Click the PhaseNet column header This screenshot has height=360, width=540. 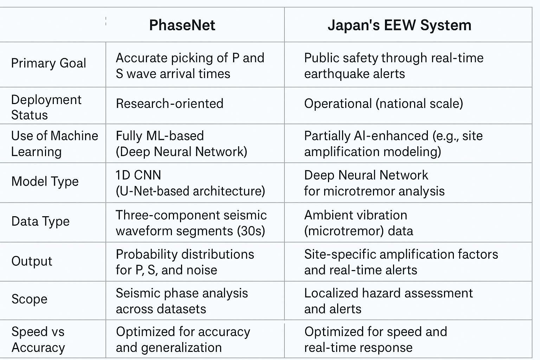pos(182,25)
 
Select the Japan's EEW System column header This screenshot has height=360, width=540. pos(399,25)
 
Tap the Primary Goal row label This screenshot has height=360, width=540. pos(49,63)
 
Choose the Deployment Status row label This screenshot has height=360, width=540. pos(46,107)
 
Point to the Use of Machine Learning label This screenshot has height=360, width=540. pos(55,144)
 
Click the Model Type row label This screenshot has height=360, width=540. pos(45,181)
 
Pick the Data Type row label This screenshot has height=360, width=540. pos(40,221)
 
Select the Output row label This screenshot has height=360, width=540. pos(32,261)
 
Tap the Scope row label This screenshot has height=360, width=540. pos(29,299)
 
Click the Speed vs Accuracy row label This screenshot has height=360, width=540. pos(38,340)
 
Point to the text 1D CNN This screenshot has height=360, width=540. pos(138,175)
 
